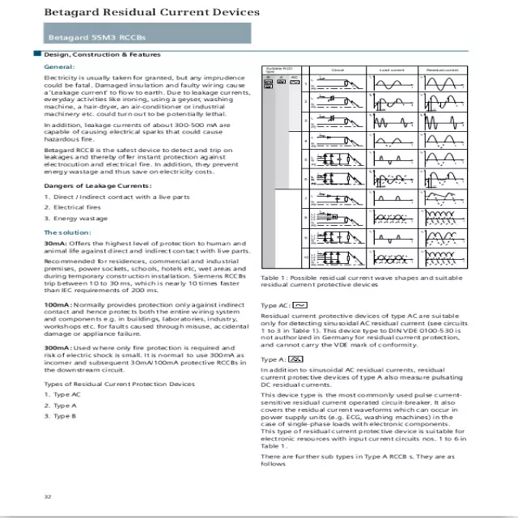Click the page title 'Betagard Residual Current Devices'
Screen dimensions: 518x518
click(151, 12)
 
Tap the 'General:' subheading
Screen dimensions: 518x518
click(59, 66)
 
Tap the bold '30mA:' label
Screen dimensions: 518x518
click(55, 244)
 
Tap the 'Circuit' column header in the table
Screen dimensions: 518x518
click(338, 70)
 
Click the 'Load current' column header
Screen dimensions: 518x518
click(391, 70)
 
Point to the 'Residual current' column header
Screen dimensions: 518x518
click(442, 70)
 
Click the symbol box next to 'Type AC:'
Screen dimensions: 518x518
click(299, 305)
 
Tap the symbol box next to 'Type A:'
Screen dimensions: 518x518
click(296, 357)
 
